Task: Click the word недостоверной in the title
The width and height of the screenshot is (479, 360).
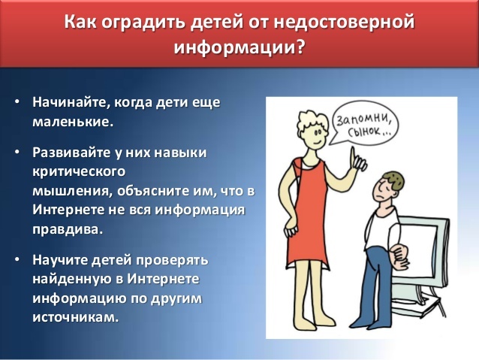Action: [344, 23]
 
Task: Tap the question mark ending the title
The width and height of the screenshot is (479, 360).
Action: [300, 47]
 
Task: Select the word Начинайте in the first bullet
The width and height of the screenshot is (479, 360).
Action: [71, 103]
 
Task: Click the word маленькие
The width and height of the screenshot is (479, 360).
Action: [73, 122]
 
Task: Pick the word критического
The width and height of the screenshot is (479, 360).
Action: [79, 172]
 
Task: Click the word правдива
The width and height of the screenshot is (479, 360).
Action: [67, 229]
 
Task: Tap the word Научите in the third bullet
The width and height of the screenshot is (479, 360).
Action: [61, 260]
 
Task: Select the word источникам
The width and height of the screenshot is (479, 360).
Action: [76, 317]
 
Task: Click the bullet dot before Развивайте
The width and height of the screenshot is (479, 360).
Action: [17, 152]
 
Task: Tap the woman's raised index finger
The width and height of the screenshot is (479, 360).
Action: [353, 155]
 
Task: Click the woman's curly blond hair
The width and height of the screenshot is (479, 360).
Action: [311, 120]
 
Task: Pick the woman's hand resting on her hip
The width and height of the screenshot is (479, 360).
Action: [291, 228]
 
